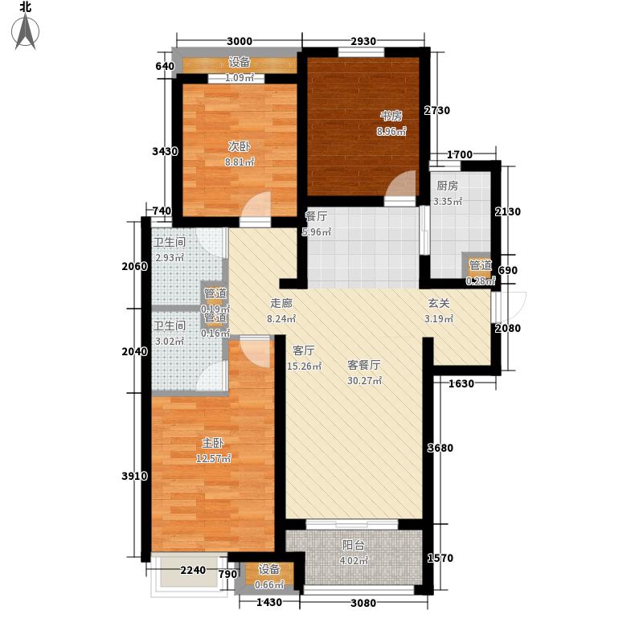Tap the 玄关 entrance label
438,304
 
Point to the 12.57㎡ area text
214,459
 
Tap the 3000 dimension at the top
239,42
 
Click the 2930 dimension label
363,42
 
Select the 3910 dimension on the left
133,477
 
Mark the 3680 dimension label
444,448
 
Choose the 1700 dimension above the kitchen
460,154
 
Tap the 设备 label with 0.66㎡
268,570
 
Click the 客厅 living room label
303,350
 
